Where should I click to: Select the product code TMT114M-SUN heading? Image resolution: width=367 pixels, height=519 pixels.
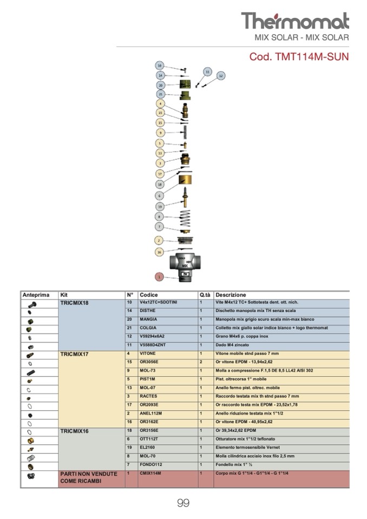coord(299,56)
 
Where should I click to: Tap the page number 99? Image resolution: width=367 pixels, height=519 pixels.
coord(183,503)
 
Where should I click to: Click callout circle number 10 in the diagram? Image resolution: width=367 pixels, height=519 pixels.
coord(160,65)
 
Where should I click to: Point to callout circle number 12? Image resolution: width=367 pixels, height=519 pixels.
coord(221,76)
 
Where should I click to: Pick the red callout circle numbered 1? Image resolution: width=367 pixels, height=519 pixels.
coord(159,277)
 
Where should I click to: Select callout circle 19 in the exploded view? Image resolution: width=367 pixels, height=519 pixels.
coord(160,206)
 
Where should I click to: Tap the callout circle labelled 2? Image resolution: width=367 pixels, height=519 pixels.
coord(159,240)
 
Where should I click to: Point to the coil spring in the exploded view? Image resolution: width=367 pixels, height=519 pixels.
coord(185,219)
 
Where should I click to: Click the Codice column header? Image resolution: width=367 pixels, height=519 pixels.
coord(148,295)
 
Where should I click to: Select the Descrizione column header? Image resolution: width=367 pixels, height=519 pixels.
coord(231,295)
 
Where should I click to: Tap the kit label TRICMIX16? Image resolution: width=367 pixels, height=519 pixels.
coord(74,432)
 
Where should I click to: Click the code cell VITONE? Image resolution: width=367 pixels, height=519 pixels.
coord(148,353)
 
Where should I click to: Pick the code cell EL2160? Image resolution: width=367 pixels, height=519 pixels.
coord(147,448)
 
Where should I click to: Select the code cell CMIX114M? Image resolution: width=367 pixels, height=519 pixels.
coord(150,474)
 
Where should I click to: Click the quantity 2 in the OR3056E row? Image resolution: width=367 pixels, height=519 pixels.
coord(201,362)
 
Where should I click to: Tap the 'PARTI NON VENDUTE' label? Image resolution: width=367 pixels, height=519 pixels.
coord(88,474)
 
